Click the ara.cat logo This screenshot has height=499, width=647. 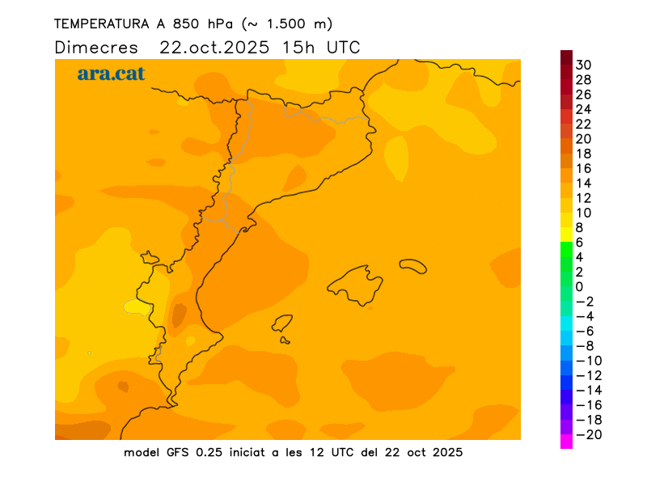111,74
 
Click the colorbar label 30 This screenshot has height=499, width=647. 584,65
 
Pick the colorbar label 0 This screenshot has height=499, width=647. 579,286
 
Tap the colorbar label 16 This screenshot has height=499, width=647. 584,168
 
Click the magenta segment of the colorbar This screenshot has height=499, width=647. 566,442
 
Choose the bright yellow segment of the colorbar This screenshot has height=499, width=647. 566,235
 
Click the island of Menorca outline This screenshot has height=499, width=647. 413,266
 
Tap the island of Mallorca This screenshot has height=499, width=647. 356,284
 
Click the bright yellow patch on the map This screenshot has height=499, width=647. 138,307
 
